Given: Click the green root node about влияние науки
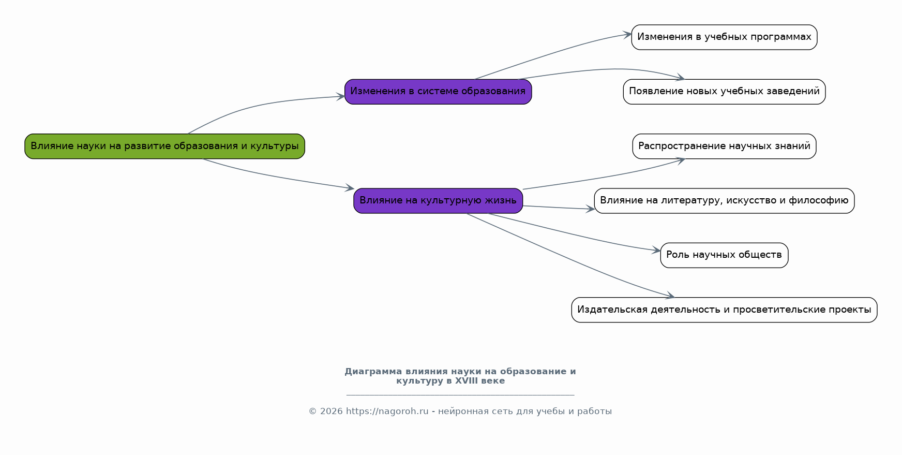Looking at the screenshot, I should tap(164, 146).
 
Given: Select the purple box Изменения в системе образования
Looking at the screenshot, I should tap(438, 92).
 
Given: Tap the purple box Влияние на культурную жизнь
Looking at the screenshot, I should tap(438, 200).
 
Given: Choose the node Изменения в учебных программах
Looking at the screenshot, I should tap(724, 37).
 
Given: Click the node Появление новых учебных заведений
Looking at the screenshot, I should tap(724, 92).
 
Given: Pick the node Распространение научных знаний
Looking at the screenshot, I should tap(724, 146).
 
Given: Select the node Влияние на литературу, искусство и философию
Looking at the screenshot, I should tap(724, 200).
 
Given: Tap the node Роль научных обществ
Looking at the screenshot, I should tap(724, 255).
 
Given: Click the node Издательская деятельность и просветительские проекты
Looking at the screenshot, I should tap(724, 310).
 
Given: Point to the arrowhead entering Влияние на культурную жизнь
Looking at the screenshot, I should tap(350, 188).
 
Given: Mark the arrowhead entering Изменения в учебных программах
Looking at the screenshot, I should tap(628, 35).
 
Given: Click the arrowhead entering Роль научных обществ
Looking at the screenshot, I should tap(657, 251).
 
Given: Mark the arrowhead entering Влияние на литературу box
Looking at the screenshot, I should tap(591, 209).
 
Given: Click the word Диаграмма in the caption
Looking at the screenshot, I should tap(373, 372).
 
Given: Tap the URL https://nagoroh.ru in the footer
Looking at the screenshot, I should tap(387, 412).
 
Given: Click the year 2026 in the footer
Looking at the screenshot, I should tap(331, 412).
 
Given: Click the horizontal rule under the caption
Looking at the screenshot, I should tap(460, 395).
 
